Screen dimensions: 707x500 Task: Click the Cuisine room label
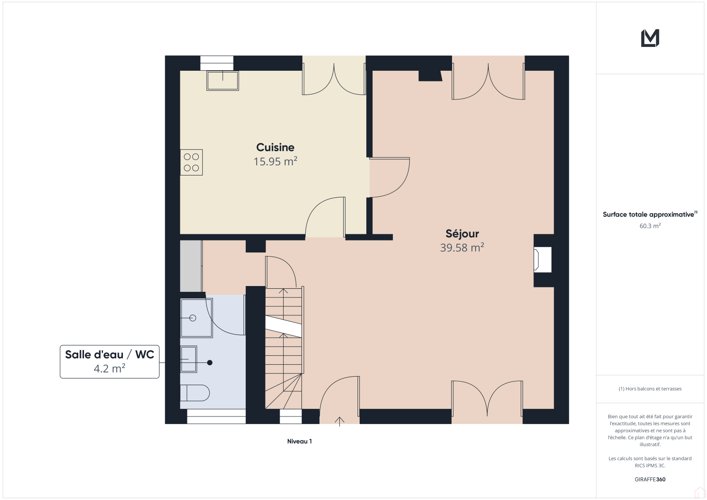pyautogui.click(x=275, y=147)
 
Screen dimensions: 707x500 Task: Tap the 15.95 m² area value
pyautogui.click(x=275, y=161)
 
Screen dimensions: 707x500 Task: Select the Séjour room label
pyautogui.click(x=462, y=233)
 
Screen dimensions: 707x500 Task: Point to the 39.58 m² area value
pyautogui.click(x=462, y=248)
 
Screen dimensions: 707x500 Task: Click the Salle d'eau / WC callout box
pyautogui.click(x=110, y=362)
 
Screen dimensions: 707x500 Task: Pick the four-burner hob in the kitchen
pyautogui.click(x=191, y=162)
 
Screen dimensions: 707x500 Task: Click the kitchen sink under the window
pyautogui.click(x=223, y=80)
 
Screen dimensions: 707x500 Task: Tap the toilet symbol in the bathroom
pyautogui.click(x=195, y=393)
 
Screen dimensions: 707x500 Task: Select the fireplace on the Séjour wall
pyautogui.click(x=542, y=260)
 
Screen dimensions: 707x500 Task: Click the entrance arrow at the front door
pyautogui.click(x=339, y=421)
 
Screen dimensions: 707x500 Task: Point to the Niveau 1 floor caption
pyautogui.click(x=300, y=441)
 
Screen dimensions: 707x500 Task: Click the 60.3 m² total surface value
pyautogui.click(x=650, y=226)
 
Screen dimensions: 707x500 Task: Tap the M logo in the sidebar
pyautogui.click(x=650, y=38)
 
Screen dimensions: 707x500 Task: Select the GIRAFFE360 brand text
pyautogui.click(x=650, y=479)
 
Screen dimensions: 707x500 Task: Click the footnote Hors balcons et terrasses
pyautogui.click(x=650, y=389)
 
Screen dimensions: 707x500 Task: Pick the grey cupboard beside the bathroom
pyautogui.click(x=191, y=266)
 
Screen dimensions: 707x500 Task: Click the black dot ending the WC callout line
pyautogui.click(x=209, y=363)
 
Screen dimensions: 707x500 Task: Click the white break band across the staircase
pyautogui.click(x=283, y=326)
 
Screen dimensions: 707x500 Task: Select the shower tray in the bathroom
pyautogui.click(x=196, y=318)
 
